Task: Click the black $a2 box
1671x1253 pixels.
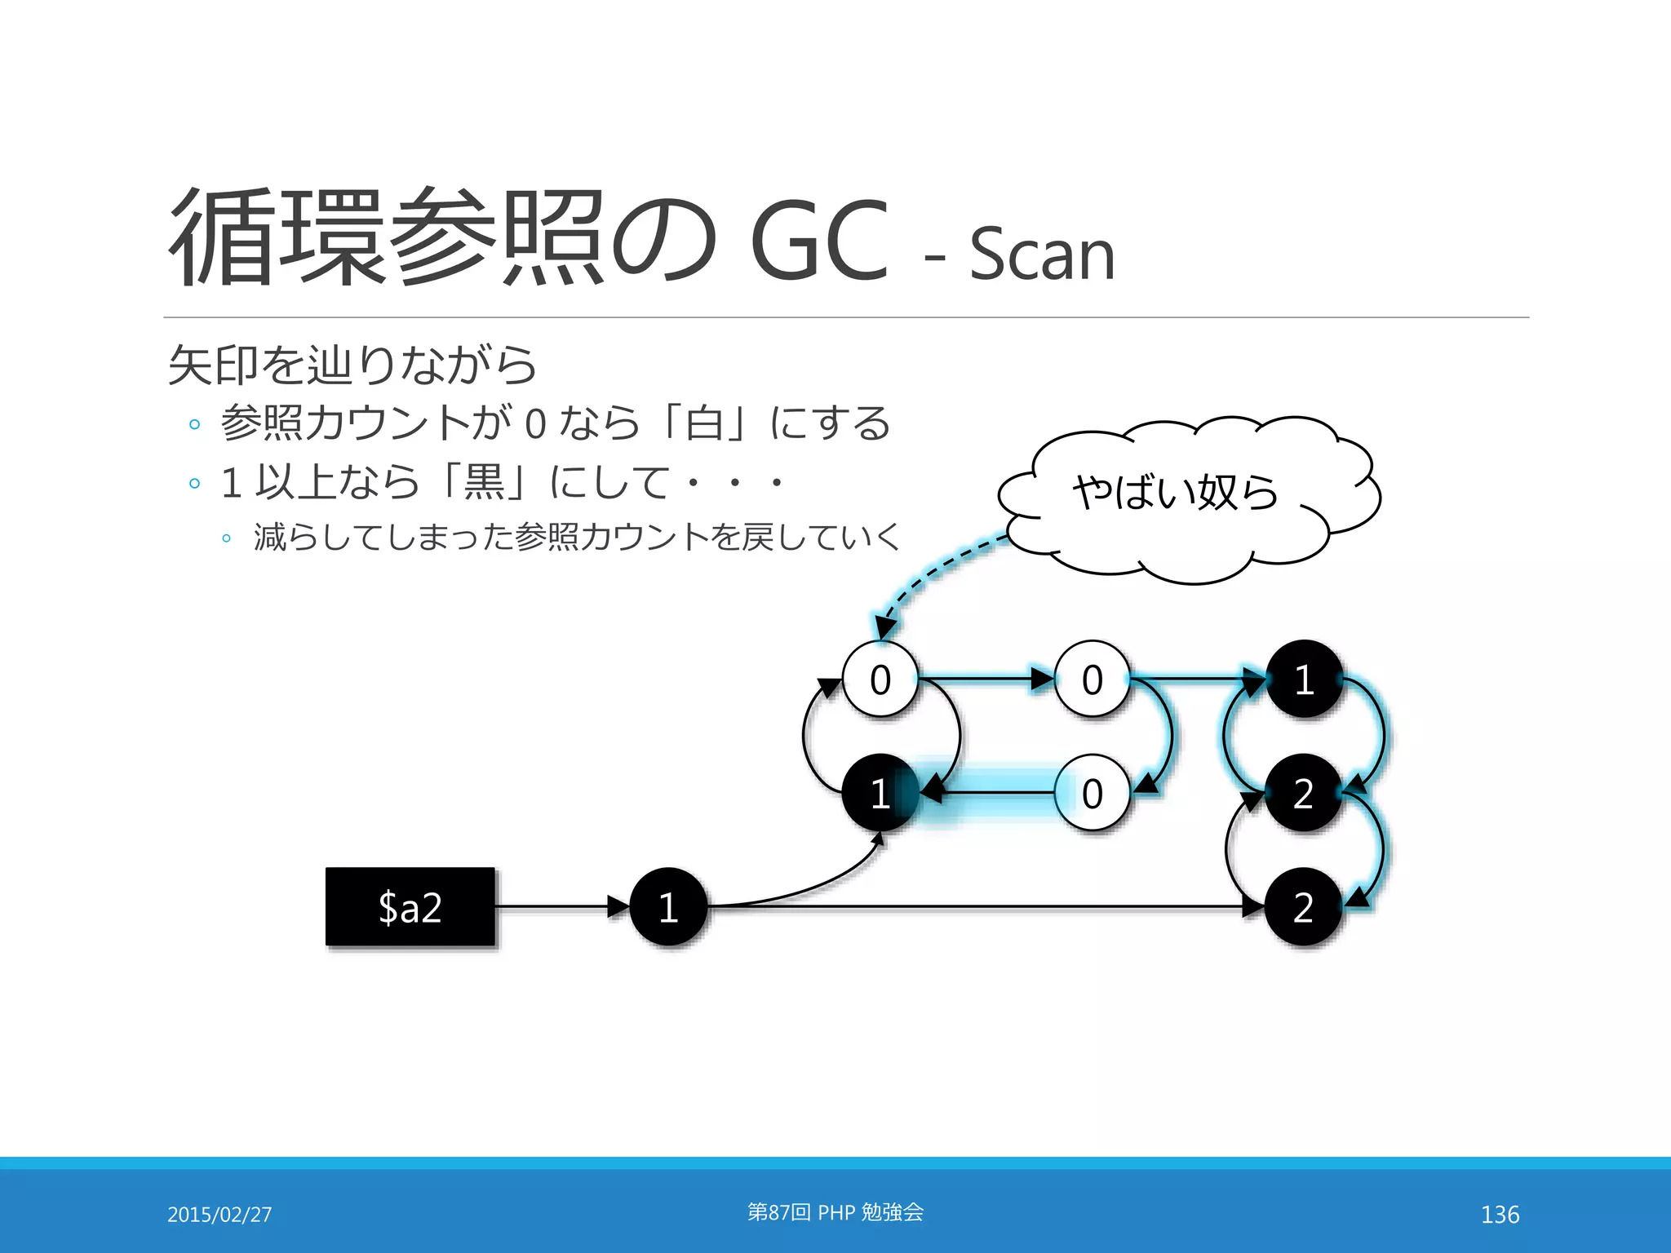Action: [x=410, y=906]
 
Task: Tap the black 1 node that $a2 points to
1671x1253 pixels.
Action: [x=668, y=906]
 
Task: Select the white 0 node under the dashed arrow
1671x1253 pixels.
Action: [x=880, y=680]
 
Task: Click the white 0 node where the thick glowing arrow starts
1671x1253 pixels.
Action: [x=1092, y=793]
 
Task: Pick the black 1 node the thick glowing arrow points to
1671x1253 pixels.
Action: [x=880, y=793]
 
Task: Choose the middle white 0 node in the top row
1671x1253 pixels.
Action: [x=1092, y=680]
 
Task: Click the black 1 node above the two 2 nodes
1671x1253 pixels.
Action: [x=1304, y=680]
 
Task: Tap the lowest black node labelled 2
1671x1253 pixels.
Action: [x=1304, y=906]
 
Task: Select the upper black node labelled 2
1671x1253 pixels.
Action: [x=1304, y=793]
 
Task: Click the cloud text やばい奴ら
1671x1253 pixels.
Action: [x=1175, y=493]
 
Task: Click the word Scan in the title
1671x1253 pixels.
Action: [x=1041, y=255]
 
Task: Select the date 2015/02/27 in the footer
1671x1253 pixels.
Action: [x=219, y=1215]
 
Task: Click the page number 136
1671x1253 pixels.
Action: [x=1500, y=1215]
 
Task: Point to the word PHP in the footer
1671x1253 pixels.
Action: [x=835, y=1213]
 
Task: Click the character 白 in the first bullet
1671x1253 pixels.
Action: [x=705, y=423]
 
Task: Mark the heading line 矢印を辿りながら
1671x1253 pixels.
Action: [x=352, y=365]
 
